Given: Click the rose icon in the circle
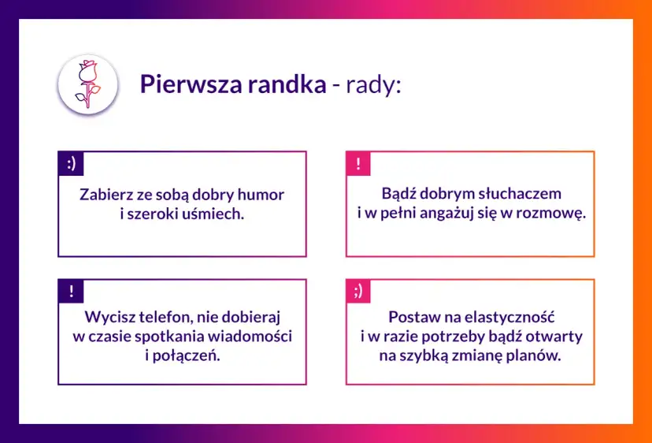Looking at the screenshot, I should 87,84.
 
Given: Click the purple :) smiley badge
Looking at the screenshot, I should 71,164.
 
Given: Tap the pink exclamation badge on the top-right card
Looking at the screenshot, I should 358,164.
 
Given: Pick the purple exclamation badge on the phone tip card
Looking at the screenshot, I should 71,291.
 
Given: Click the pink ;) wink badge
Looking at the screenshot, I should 358,291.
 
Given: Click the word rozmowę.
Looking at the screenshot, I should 552,213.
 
